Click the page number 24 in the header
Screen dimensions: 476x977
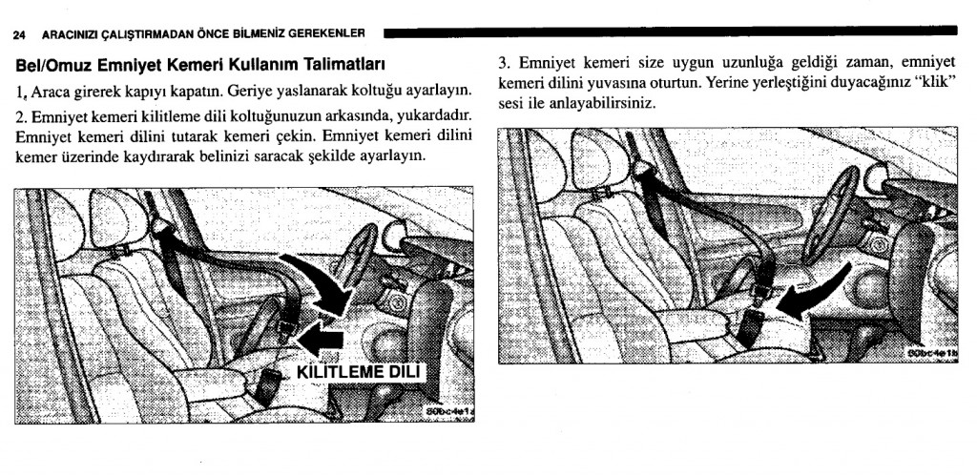[18, 35]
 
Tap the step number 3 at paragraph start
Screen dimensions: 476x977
[504, 64]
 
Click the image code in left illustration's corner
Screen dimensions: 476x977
[451, 409]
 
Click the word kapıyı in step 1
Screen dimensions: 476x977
[182, 93]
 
